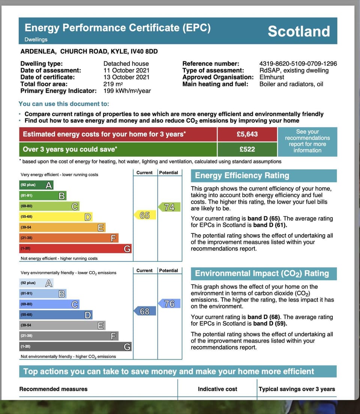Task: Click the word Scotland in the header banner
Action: pyautogui.click(x=298, y=31)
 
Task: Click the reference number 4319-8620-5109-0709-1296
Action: pyautogui.click(x=298, y=64)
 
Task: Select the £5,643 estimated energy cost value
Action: pyautogui.click(x=247, y=134)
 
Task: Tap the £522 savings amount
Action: pyautogui.click(x=247, y=149)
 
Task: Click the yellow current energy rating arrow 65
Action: pyautogui.click(x=144, y=215)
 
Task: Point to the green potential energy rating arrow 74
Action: pyautogui.click(x=169, y=207)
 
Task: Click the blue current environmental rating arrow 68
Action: pyautogui.click(x=144, y=311)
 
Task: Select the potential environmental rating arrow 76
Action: pyautogui.click(x=169, y=304)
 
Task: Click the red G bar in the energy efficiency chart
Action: pyautogui.click(x=75, y=248)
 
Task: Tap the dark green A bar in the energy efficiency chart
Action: pyautogui.click(x=36, y=185)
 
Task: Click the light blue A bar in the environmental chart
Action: pyautogui.click(x=36, y=283)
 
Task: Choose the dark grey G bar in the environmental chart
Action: pyautogui.click(x=75, y=346)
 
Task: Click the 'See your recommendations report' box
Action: pyautogui.click(x=307, y=141)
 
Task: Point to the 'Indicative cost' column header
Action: pyautogui.click(x=217, y=389)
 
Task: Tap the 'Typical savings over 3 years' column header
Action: pyautogui.click(x=297, y=389)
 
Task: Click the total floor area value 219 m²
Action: pyautogui.click(x=112, y=84)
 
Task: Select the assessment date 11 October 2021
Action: pyautogui.click(x=126, y=71)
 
